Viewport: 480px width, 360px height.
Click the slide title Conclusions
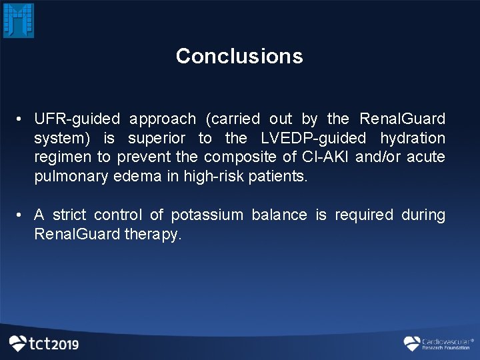[239, 56]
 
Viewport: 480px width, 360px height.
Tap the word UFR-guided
[77, 119]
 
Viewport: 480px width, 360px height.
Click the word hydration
[412, 139]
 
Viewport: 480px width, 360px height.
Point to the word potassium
[207, 215]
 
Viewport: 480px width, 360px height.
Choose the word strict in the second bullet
[69, 215]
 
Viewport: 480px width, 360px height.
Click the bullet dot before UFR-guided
[21, 119]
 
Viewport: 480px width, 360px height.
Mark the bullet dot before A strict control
[21, 215]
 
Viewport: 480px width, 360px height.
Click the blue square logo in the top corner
[19, 20]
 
